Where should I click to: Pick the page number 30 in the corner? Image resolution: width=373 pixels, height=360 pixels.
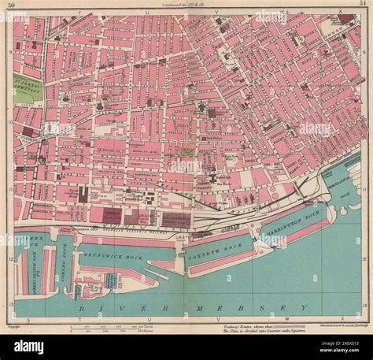tap(10, 6)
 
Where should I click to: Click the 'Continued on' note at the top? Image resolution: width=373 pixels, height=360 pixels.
tap(183, 6)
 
